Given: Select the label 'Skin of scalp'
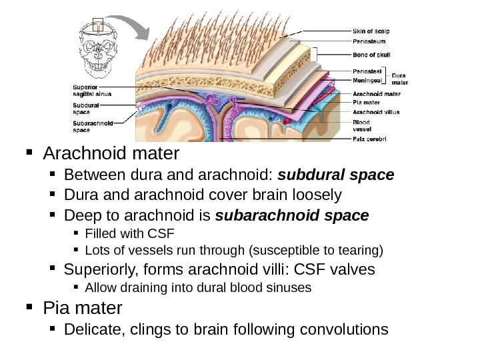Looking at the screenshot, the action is click(x=371, y=31).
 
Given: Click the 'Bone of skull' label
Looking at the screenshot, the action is click(x=371, y=53).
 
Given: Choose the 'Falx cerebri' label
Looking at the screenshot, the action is click(x=369, y=139).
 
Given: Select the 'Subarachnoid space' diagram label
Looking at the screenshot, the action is click(x=92, y=127).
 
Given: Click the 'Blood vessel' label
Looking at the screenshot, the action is click(x=361, y=125).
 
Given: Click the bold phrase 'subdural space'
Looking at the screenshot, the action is click(x=336, y=175).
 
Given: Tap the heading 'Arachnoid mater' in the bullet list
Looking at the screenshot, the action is click(x=111, y=154).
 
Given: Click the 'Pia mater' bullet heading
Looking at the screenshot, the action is click(x=83, y=308).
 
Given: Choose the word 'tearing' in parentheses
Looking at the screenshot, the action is click(x=358, y=251).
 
